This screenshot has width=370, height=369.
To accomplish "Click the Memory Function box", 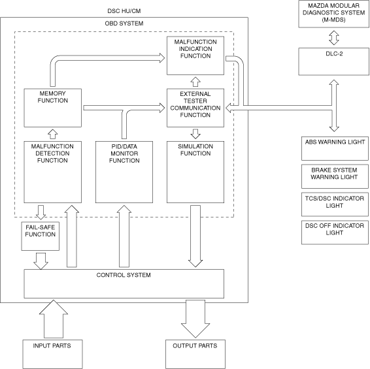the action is click(x=52, y=108).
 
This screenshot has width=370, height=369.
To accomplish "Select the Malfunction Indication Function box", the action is click(x=195, y=56).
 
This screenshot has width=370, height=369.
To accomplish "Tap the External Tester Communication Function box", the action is click(x=195, y=108).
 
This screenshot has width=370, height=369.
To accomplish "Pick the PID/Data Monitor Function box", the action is click(x=124, y=172).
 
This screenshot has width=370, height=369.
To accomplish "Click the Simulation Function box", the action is click(x=195, y=172).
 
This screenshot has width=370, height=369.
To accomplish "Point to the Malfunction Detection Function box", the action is click(x=52, y=172).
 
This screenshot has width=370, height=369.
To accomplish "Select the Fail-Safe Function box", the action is click(x=41, y=236).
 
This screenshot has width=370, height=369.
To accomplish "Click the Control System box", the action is click(x=124, y=283).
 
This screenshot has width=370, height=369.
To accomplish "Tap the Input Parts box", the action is click(x=52, y=354).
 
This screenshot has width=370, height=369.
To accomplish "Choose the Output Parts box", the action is click(x=195, y=354).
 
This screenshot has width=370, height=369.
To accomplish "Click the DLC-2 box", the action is click(x=334, y=61).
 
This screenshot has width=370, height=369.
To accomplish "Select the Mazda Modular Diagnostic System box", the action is click(x=334, y=14).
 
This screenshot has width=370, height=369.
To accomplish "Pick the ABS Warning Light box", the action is click(x=335, y=148).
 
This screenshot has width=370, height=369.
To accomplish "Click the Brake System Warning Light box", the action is click(x=335, y=176).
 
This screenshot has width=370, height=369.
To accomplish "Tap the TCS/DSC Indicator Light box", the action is click(x=335, y=204).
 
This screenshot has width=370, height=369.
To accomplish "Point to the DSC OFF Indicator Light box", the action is click(x=335, y=233).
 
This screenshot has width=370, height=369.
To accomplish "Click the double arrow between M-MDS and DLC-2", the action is click(x=334, y=38).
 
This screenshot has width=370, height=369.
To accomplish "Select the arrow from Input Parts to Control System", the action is click(x=54, y=319).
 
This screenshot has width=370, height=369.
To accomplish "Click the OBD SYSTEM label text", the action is click(x=124, y=24).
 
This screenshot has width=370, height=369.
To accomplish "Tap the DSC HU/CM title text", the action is click(x=124, y=11).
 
